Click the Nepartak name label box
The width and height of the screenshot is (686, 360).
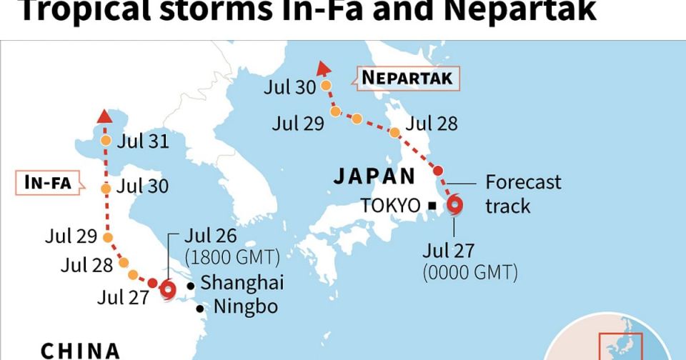(407, 78)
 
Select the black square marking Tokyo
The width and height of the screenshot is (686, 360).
(432, 206)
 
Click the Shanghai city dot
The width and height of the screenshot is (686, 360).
(190, 286)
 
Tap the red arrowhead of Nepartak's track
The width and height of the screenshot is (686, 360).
(322, 68)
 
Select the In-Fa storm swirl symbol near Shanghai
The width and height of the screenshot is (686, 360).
(168, 289)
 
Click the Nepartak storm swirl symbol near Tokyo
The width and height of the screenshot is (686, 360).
(455, 206)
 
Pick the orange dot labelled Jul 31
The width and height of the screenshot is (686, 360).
(106, 141)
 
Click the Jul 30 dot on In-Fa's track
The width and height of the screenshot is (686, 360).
(106, 189)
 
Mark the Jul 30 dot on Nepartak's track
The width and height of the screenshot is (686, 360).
(326, 86)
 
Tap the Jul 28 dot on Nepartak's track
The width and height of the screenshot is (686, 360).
(394, 132)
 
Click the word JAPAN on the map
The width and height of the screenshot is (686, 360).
(374, 176)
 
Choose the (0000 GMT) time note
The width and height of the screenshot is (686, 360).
(470, 272)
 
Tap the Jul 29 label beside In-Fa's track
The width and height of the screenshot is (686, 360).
(69, 236)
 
